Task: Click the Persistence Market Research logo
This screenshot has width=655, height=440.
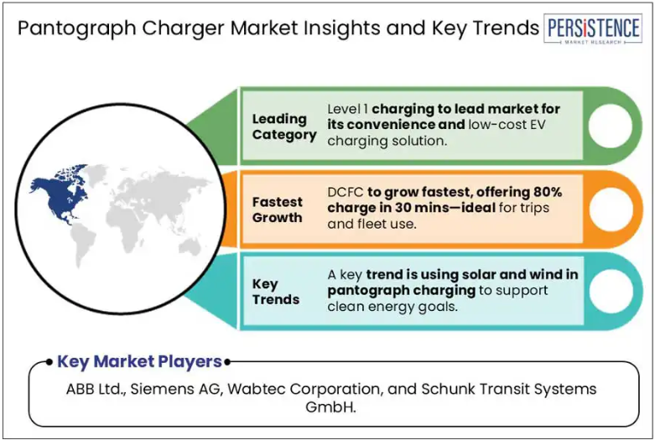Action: (593, 28)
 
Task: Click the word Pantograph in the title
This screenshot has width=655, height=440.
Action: (77, 28)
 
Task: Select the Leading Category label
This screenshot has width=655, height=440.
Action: (284, 127)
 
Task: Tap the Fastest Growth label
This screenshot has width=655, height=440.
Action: (277, 210)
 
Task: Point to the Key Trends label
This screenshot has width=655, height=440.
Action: (276, 292)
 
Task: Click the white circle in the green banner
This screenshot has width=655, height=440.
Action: (611, 126)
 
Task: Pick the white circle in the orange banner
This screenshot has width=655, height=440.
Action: (611, 209)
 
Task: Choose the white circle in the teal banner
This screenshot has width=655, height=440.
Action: (611, 291)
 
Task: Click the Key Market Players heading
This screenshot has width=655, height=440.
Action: (139, 361)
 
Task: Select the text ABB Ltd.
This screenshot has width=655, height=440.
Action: (96, 389)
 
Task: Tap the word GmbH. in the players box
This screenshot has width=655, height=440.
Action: (330, 406)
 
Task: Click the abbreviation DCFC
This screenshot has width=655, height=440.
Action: (346, 192)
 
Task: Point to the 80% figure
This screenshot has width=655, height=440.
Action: (547, 192)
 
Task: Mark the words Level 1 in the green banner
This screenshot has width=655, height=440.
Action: (347, 109)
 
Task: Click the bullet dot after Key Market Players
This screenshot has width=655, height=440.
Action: (227, 362)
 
